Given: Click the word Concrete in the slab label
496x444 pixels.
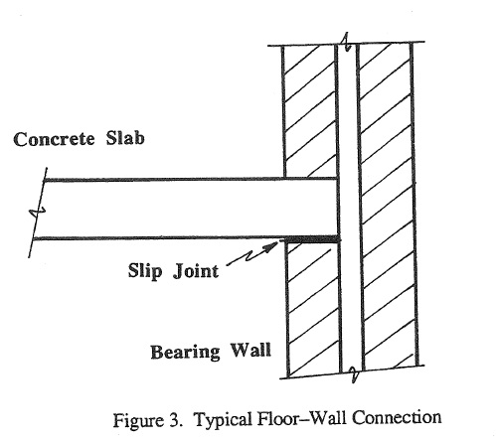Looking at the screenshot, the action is [x=54, y=139].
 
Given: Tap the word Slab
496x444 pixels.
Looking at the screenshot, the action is [x=125, y=138].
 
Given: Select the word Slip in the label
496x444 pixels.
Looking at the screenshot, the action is [x=145, y=271].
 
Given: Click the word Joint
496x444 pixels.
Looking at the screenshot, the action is [x=196, y=271].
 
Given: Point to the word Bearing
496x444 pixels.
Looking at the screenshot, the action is [x=185, y=353].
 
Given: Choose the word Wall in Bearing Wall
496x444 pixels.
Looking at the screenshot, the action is [x=250, y=350].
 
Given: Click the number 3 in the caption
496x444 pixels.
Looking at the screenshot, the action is [x=176, y=420].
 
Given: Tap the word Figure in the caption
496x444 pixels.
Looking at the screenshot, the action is [x=139, y=420].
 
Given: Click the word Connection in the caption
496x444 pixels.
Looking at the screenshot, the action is [x=397, y=417].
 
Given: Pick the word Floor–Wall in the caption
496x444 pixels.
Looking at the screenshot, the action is [x=302, y=418].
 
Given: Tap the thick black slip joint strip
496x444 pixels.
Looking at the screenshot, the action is [x=312, y=239].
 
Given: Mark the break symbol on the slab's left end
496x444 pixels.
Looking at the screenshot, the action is [x=37, y=213].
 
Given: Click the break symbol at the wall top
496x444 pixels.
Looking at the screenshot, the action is [x=347, y=42].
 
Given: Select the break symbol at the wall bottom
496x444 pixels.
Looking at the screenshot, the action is [x=354, y=373].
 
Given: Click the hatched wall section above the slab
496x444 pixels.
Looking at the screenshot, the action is [x=310, y=111].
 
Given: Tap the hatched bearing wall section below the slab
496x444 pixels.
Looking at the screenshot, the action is [x=313, y=310].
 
